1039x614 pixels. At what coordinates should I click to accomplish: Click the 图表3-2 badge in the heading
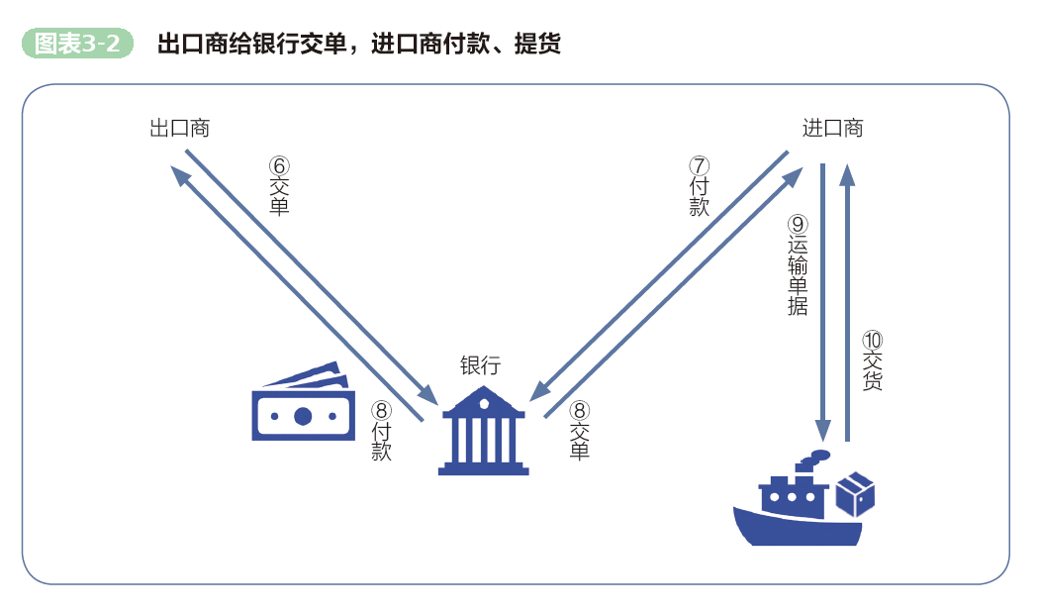77,44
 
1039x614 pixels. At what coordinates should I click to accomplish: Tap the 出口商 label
179,128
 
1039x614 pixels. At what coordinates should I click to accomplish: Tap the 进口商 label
832,128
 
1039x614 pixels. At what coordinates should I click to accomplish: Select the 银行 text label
480,364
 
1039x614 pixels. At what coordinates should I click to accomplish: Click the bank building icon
483,432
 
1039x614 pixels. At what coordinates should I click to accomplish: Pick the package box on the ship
855,491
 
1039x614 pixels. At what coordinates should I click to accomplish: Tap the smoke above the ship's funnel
813,457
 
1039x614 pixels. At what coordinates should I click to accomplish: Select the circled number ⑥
279,166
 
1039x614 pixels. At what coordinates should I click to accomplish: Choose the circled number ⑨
798,226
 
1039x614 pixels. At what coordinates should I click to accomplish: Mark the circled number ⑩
872,339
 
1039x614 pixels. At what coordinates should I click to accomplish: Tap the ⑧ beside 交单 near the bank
581,410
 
